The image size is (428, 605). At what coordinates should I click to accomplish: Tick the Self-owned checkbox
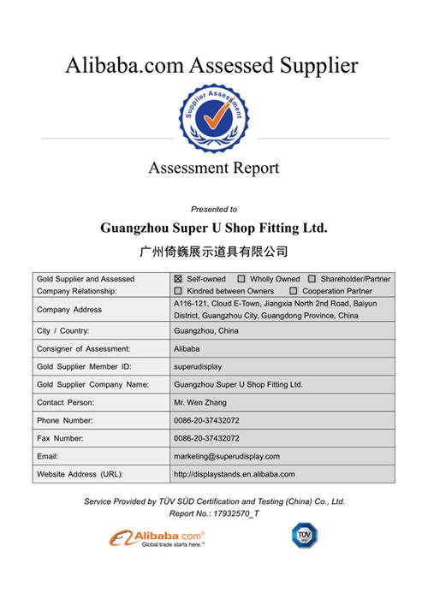[178, 279]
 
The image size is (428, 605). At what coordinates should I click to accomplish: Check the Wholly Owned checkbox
[241, 279]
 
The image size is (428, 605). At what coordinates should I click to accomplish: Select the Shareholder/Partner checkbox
[312, 279]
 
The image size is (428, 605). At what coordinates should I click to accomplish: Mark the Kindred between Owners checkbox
[178, 291]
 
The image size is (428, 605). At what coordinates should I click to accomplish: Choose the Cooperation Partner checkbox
[294, 291]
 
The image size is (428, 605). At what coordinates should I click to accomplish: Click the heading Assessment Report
[213, 168]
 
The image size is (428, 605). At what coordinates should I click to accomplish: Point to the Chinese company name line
[213, 252]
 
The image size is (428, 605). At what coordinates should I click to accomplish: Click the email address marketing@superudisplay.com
[227, 456]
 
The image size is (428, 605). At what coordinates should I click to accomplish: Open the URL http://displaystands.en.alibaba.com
[234, 474]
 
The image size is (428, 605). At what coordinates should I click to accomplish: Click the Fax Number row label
[61, 438]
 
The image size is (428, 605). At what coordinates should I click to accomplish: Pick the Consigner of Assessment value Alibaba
[186, 348]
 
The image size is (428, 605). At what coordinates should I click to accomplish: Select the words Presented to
[214, 209]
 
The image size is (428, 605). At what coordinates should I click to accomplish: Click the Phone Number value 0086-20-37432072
[205, 420]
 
